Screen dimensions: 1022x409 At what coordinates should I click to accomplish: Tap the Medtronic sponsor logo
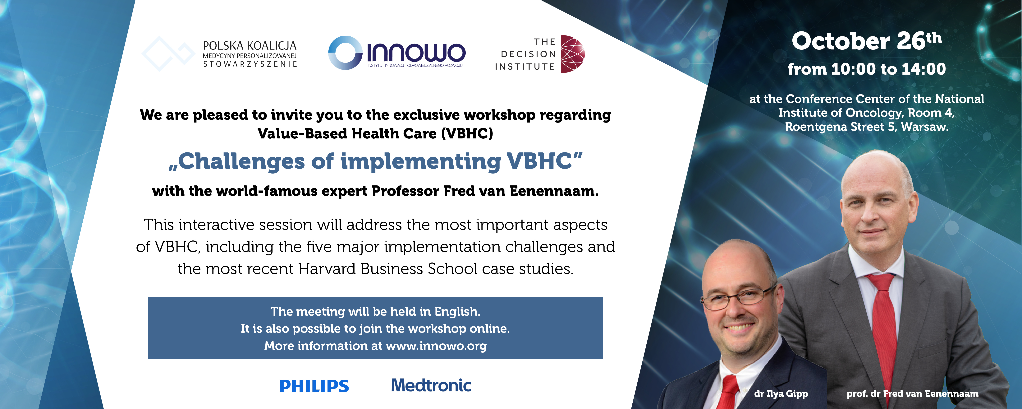431,385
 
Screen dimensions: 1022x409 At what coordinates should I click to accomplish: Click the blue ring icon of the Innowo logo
345,53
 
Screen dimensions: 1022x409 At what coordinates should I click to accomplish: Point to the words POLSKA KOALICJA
250,46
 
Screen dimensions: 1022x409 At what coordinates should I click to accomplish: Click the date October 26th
866,41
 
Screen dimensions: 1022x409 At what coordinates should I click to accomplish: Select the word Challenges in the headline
242,162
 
